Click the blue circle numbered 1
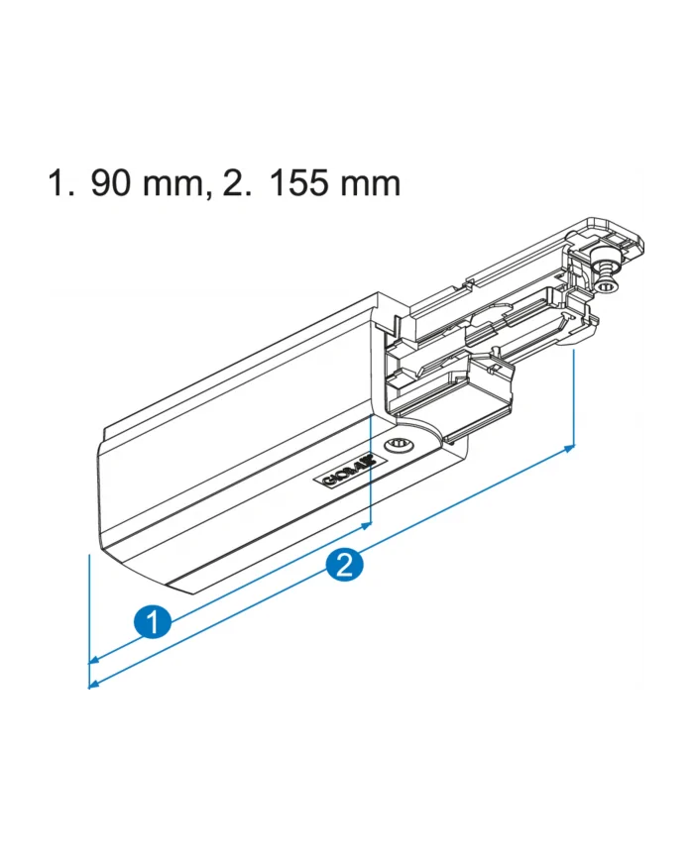(x=150, y=622)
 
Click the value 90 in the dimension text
(x=112, y=183)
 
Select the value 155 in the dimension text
(x=300, y=183)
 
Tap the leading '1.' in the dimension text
(x=60, y=183)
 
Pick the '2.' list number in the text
(x=239, y=183)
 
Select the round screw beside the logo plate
(x=399, y=445)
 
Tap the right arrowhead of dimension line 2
(x=569, y=449)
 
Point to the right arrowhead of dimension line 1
(x=366, y=525)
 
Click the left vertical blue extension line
(x=90, y=614)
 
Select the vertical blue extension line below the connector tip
(x=575, y=396)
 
